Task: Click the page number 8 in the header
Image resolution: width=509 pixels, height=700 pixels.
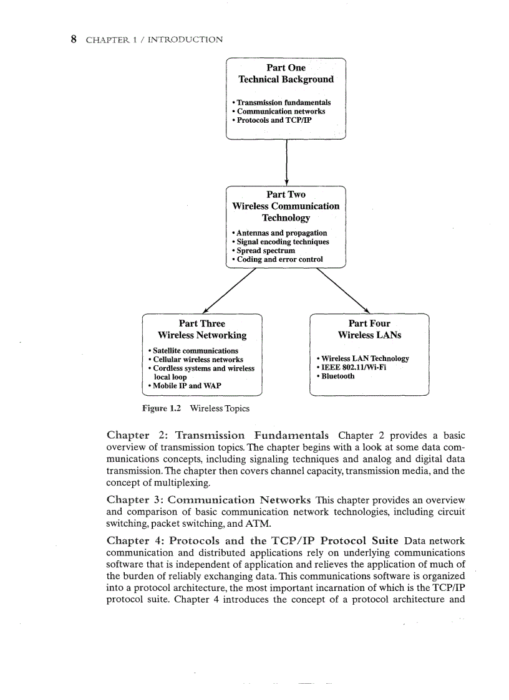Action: point(74,39)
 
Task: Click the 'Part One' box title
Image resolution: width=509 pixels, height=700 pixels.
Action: point(286,67)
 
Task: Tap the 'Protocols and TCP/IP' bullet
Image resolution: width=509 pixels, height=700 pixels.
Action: point(273,120)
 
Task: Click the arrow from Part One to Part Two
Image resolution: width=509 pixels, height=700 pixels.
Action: point(286,162)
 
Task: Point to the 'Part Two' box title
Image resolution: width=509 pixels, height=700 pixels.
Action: point(286,194)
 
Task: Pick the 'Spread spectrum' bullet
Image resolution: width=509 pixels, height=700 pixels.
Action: point(265,251)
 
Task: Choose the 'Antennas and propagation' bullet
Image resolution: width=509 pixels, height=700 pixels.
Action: point(281,233)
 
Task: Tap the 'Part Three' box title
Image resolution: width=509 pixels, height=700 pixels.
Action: point(201,324)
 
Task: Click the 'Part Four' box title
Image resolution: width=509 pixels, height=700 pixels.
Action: point(369,324)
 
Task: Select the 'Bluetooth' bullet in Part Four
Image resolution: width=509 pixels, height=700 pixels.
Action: point(337,376)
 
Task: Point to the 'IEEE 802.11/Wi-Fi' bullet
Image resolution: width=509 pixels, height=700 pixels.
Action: point(353,368)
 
